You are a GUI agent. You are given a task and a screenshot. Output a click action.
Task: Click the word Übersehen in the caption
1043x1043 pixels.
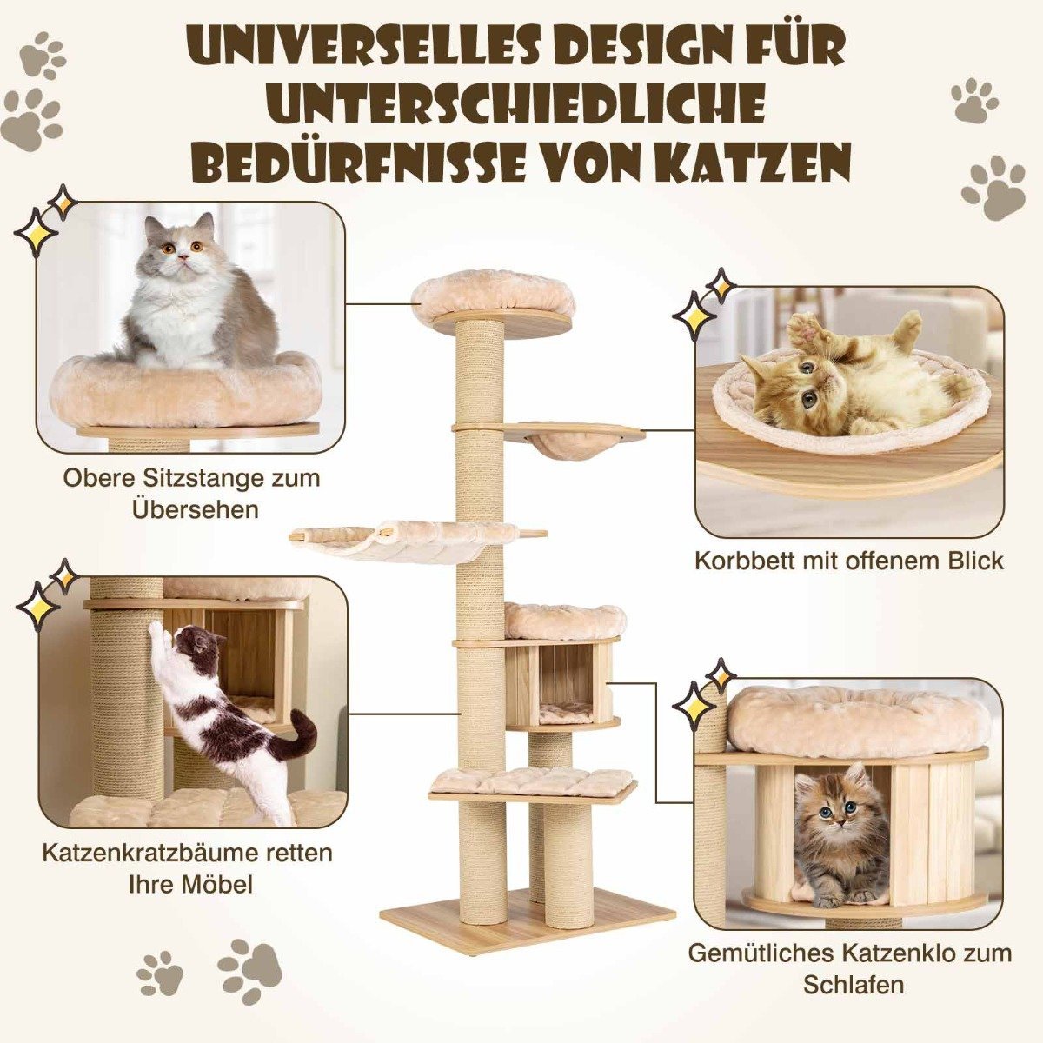196,510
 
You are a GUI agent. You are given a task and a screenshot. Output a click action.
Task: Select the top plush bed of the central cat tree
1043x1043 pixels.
464,300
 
